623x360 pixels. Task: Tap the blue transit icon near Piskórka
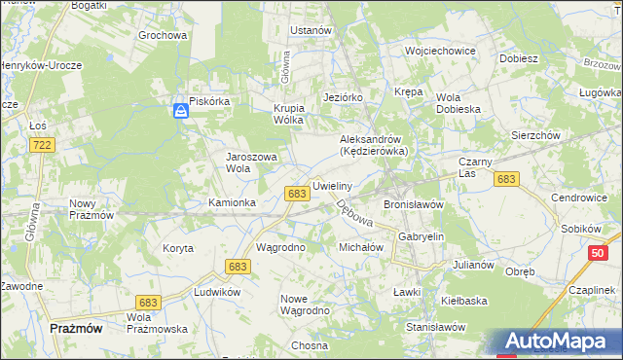pyautogui.click(x=181, y=112)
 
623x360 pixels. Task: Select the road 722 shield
pyautogui.click(x=41, y=145)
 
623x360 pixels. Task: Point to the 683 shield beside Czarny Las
pyautogui.click(x=505, y=179)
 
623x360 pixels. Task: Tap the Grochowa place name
pyautogui.click(x=163, y=36)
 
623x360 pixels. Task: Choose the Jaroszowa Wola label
pyautogui.click(x=252, y=162)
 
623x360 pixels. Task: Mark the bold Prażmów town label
pyautogui.click(x=76, y=329)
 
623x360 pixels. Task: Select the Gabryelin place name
pyautogui.click(x=421, y=236)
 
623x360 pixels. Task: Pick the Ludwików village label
pyautogui.click(x=217, y=292)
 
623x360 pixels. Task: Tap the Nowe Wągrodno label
pyautogui.click(x=305, y=305)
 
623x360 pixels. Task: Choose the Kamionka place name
pyautogui.click(x=232, y=202)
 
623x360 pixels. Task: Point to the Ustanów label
pyautogui.click(x=311, y=30)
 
